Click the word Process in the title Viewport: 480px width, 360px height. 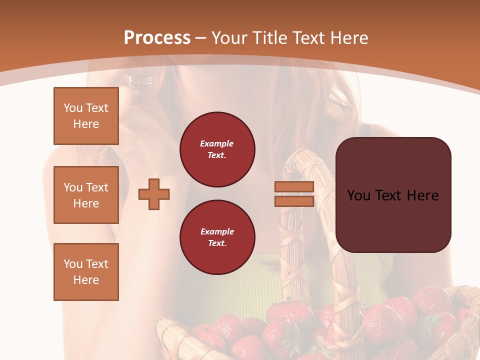[157, 38]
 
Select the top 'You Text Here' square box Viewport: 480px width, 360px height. [86, 116]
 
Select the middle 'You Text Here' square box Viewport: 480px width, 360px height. [86, 195]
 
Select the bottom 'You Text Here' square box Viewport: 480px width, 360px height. [86, 272]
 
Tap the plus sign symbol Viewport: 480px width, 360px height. [154, 194]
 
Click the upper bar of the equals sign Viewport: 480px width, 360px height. [294, 186]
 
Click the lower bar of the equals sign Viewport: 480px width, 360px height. [294, 201]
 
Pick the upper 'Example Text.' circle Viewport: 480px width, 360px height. [217, 149]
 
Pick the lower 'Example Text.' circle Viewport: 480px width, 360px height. [217, 237]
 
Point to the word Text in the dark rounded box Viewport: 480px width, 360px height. [392, 195]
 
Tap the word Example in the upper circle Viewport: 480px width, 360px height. [216, 143]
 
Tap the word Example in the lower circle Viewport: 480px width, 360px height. [217, 231]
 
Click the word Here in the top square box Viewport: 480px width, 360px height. [86, 124]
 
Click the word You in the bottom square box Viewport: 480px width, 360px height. [73, 264]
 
